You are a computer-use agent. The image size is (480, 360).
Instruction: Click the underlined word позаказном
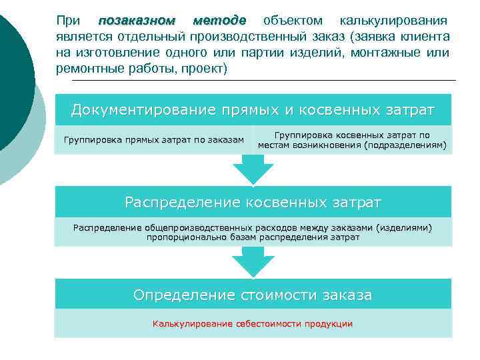136,21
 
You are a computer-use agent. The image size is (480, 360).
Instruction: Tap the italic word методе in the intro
220,21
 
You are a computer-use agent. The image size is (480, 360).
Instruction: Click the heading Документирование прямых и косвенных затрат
253,109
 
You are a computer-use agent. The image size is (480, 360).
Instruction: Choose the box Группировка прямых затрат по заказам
154,140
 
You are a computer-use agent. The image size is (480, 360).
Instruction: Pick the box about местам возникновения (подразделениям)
353,140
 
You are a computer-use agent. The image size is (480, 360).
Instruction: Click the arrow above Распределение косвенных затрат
253,171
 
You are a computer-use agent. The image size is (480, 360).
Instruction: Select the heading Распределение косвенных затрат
253,201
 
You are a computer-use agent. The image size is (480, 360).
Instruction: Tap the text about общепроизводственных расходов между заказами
253,232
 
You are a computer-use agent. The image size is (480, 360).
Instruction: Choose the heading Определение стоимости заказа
253,295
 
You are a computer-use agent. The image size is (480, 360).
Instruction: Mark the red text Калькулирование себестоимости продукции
253,324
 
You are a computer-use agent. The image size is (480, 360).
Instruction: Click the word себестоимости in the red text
263,324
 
